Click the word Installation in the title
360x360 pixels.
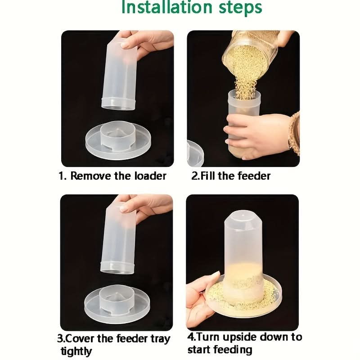(x=166, y=7)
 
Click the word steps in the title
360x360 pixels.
(x=240, y=8)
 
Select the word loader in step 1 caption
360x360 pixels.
(x=150, y=176)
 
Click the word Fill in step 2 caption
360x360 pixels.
(x=208, y=176)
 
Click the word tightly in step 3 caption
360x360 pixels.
(x=76, y=351)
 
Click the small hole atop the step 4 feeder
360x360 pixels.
(x=243, y=216)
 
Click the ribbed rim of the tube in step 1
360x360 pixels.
(x=118, y=103)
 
